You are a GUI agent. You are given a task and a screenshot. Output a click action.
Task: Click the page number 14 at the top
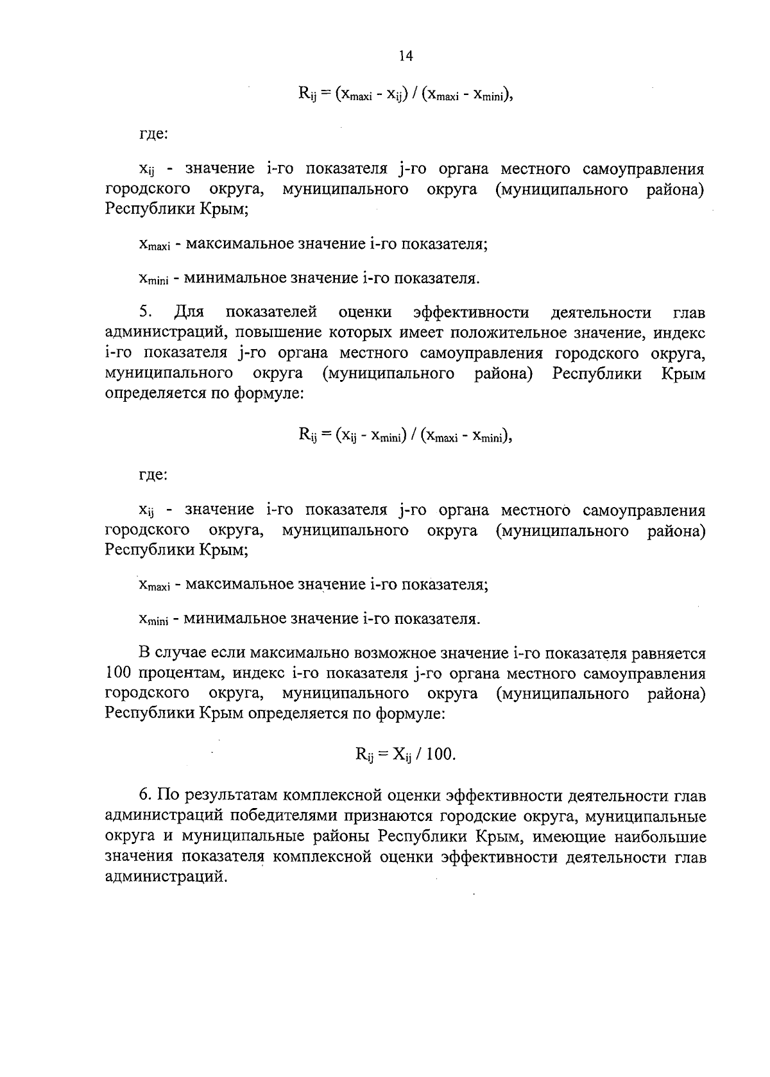tap(405, 56)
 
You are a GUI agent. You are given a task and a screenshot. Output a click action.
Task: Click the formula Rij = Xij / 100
tap(405, 754)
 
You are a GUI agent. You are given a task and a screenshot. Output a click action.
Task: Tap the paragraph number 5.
tap(145, 313)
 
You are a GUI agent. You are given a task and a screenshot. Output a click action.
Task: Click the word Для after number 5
tap(189, 313)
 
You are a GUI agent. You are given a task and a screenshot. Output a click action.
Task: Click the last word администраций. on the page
tap(167, 877)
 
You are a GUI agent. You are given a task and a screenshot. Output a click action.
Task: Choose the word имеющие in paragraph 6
tap(569, 837)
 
